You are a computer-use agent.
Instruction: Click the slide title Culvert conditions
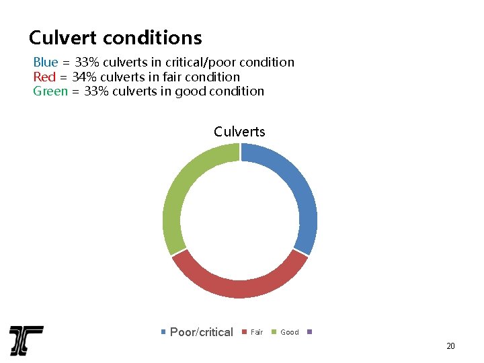[115, 37]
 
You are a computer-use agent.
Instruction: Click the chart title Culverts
[239, 132]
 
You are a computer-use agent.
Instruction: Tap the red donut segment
[239, 286]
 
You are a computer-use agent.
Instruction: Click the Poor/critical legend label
[202, 332]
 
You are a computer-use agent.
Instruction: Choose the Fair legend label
[257, 332]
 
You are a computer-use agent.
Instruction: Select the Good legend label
[290, 332]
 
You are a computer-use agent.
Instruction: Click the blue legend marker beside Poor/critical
[164, 332]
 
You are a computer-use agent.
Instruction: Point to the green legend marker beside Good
[274, 332]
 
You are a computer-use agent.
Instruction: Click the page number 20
[450, 346]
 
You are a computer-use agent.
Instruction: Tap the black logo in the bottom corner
[26, 340]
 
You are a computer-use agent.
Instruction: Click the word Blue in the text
[46, 63]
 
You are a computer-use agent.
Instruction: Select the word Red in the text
[44, 77]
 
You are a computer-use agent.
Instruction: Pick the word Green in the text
[50, 91]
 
